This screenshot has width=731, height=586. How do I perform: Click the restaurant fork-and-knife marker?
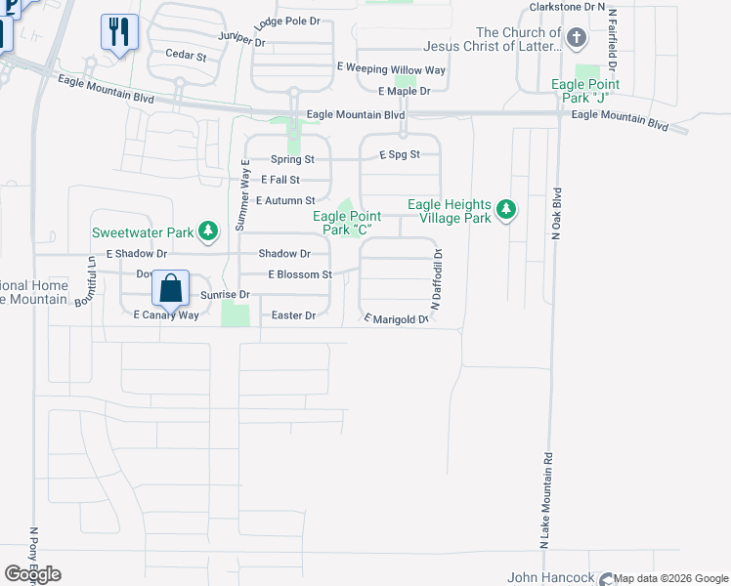119,32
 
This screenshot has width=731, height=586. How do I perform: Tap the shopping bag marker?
170,288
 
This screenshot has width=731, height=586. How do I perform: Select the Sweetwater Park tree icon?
207,231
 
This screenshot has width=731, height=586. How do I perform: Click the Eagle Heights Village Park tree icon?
505,210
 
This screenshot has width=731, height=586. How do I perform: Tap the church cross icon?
577,39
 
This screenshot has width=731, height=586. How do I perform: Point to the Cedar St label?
186,56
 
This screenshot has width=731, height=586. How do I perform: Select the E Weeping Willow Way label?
391,69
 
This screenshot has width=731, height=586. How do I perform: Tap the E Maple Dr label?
405,92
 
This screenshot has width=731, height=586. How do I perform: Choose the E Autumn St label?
285,200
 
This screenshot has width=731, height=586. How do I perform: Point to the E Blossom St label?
300,274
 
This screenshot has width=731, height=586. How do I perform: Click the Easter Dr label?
294,315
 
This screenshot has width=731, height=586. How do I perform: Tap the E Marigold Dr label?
397,319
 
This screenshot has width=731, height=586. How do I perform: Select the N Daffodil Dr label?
437,280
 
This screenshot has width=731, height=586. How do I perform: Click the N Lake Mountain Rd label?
545,498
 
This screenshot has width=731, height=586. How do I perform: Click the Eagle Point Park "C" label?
347,223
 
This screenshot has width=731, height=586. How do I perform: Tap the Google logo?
32,574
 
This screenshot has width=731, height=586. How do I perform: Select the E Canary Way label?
166,315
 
